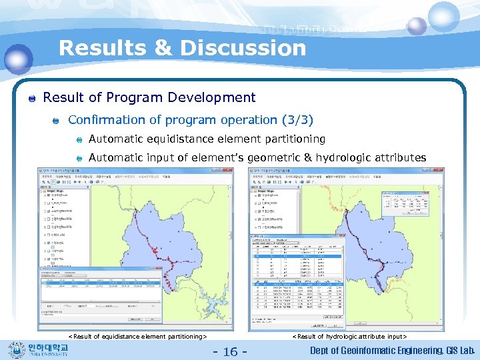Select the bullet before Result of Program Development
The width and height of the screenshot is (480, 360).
point(31,99)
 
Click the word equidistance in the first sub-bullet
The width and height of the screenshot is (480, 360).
point(179,139)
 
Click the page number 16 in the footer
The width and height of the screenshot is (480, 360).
point(230,351)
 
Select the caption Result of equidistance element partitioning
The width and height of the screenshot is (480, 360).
point(137,337)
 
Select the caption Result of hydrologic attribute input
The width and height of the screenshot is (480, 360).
point(349,337)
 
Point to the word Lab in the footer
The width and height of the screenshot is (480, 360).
point(466,351)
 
